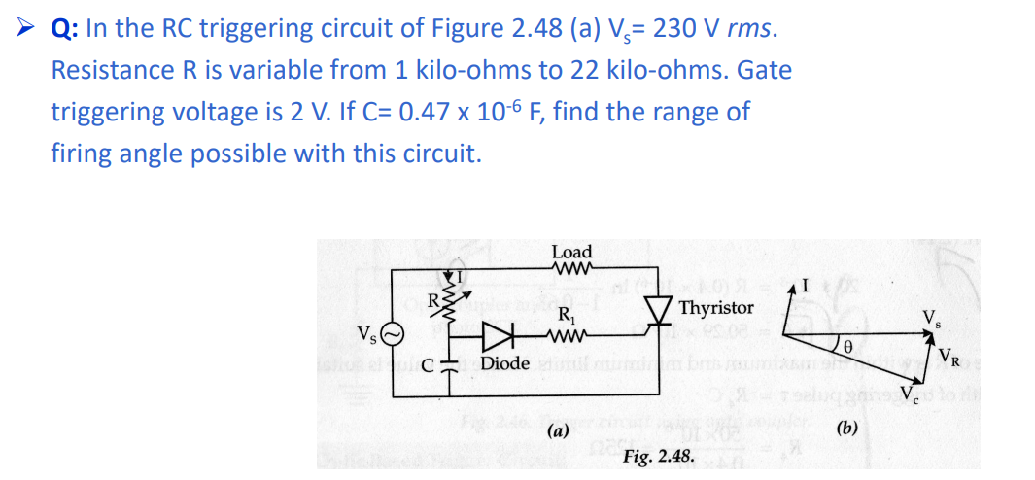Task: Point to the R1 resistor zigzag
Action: click(x=565, y=336)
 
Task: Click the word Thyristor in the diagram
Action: click(x=716, y=308)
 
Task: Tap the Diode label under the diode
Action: click(x=505, y=363)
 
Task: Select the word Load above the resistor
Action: click(x=571, y=253)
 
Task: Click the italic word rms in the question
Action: click(x=752, y=29)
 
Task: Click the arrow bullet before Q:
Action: click(x=29, y=29)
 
